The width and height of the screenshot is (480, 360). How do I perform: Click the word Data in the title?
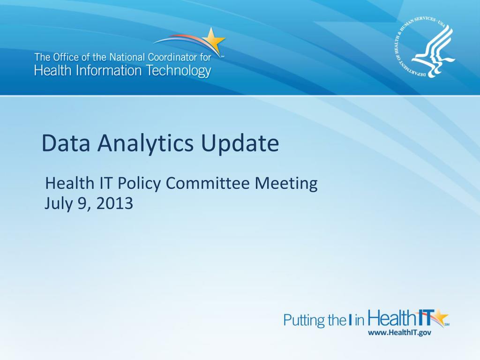pos(66,143)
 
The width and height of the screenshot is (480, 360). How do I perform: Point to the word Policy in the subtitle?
pos(139,184)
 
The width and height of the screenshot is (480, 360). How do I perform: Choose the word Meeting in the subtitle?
pos(286,184)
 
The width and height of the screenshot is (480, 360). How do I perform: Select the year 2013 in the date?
pos(115,203)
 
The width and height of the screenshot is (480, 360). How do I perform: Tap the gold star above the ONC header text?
pos(213,41)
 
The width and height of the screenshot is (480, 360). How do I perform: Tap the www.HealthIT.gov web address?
pos(399,332)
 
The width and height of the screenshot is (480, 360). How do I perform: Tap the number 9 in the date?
pos(83,204)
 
